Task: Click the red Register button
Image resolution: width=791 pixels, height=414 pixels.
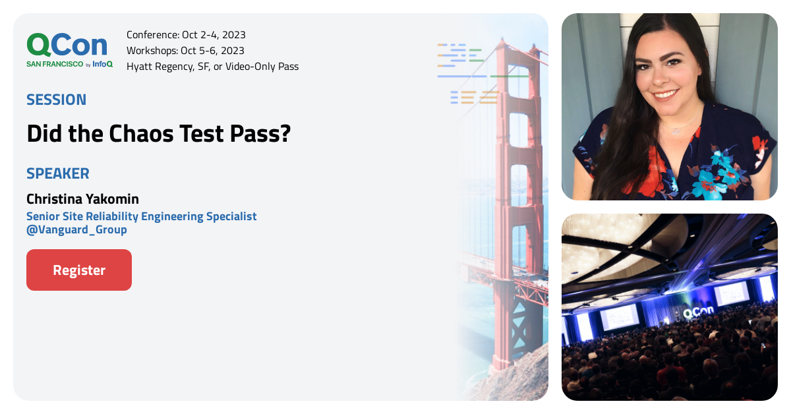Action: click(x=79, y=270)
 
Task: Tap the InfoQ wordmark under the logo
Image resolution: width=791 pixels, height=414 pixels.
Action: click(x=102, y=64)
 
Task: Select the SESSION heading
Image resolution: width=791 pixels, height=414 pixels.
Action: click(x=56, y=100)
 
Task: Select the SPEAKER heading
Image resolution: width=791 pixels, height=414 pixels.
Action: click(x=58, y=173)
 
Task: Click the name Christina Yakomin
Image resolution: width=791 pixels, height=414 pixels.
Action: click(x=82, y=198)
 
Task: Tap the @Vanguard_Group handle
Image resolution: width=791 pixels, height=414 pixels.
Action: click(x=76, y=230)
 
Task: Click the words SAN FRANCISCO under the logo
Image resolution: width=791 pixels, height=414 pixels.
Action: click(x=55, y=64)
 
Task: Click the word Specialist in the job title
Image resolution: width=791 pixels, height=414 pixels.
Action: click(x=231, y=216)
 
